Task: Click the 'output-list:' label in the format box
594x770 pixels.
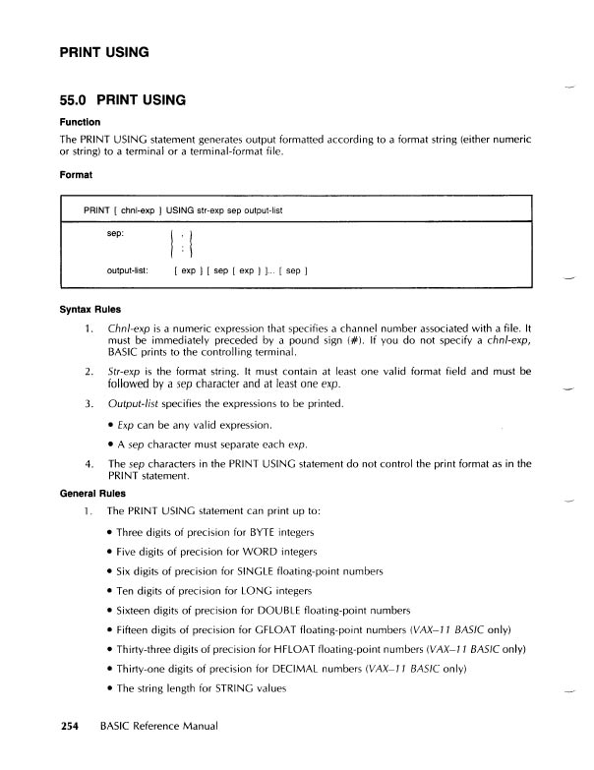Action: [128, 269]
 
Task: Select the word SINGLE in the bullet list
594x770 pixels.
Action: [266, 572]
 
